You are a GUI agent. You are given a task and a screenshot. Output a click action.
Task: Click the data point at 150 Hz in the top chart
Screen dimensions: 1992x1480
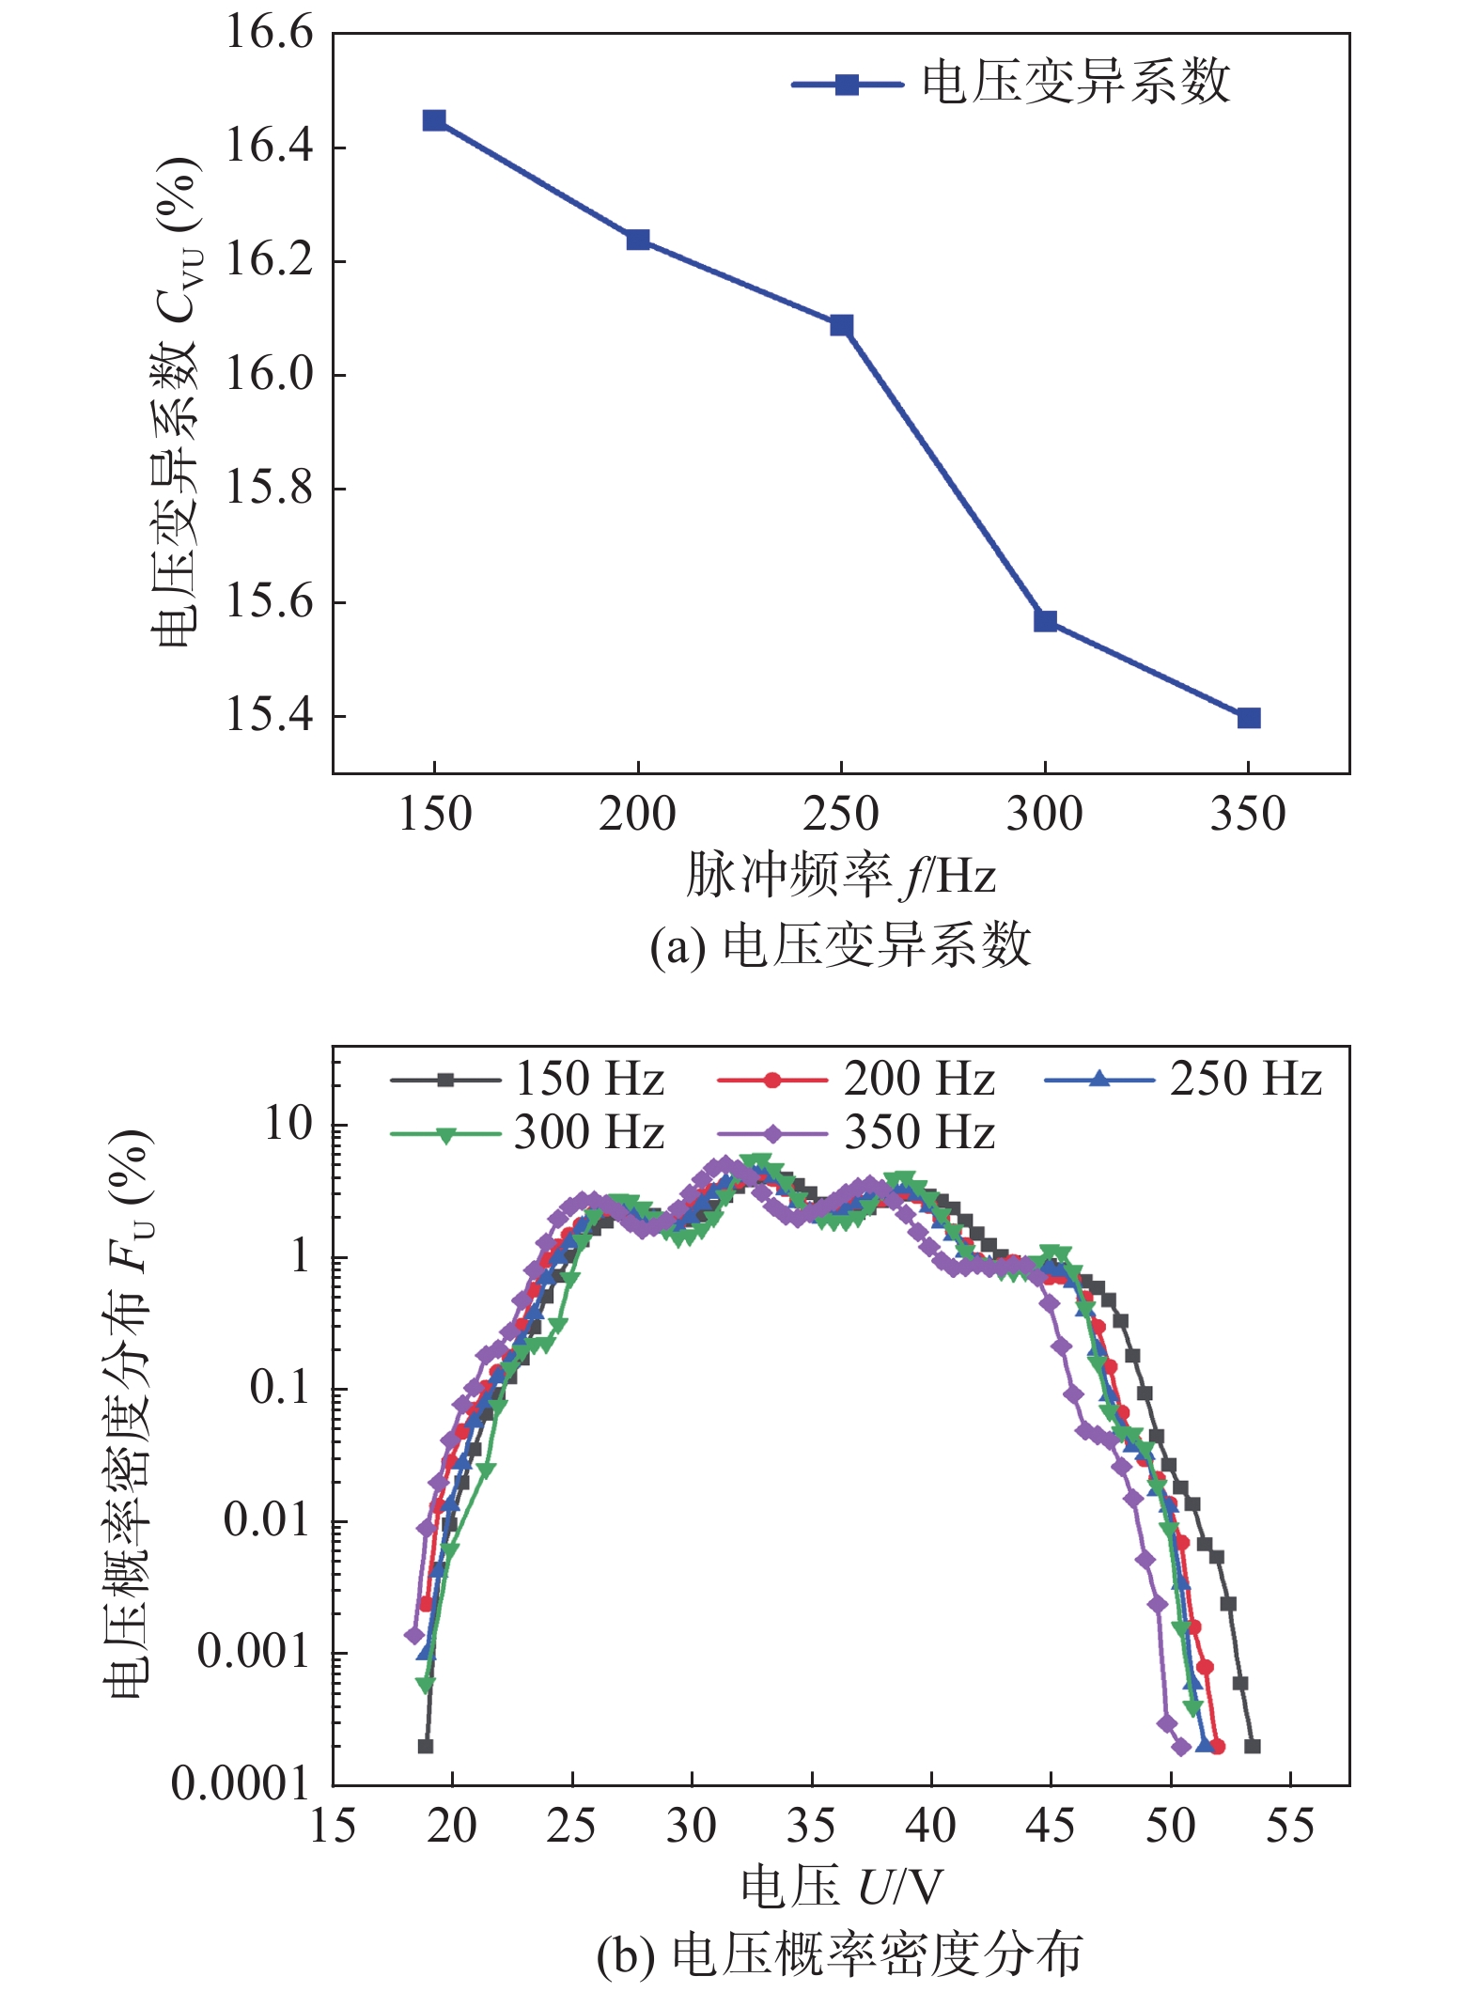(x=434, y=120)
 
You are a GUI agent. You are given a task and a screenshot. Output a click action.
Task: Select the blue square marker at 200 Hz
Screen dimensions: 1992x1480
(x=638, y=240)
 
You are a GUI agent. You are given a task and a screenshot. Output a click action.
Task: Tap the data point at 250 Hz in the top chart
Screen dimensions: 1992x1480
(x=841, y=325)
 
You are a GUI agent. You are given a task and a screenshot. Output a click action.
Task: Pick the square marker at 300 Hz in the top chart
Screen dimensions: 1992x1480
(x=1045, y=621)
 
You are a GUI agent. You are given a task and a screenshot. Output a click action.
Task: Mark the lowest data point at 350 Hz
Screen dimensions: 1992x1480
(x=1249, y=718)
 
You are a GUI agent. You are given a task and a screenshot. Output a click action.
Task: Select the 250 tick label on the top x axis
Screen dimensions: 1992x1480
(x=841, y=814)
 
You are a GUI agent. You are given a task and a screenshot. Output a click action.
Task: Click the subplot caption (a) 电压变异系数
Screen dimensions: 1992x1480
(x=841, y=945)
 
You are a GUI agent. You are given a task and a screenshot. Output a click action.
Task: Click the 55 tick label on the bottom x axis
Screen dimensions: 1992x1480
(x=1290, y=1826)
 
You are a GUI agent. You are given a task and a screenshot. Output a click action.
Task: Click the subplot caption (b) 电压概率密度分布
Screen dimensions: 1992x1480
(x=841, y=1955)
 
